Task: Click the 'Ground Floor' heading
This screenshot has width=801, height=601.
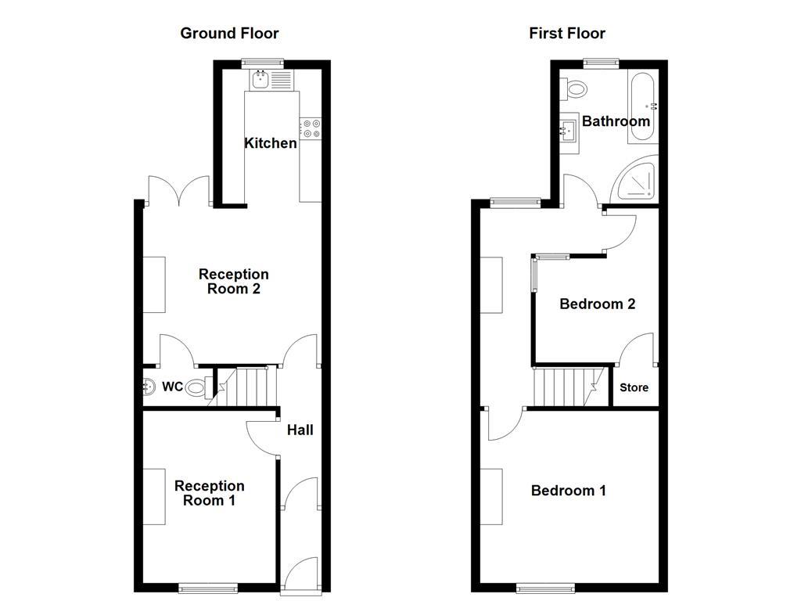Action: point(229,33)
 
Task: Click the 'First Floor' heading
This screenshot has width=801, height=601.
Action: point(567,33)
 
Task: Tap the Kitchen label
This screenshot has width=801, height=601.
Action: point(271,143)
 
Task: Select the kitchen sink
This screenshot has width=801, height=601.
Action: point(260,79)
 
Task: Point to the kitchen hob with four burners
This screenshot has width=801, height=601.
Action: point(311,128)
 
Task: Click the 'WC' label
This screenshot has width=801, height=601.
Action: point(172,387)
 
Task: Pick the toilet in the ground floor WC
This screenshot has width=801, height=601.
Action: point(197,385)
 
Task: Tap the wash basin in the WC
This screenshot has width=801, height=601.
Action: point(149,386)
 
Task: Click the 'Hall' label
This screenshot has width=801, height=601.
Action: point(300,430)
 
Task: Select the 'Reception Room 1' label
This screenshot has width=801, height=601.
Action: point(209,493)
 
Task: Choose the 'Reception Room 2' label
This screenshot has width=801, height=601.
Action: point(233,281)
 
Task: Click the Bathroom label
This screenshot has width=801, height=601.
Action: point(616,121)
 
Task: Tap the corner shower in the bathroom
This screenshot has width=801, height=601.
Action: point(639,182)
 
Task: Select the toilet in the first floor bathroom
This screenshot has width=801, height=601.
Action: point(577,88)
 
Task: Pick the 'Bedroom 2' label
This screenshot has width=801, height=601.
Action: point(597,304)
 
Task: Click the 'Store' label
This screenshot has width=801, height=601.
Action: point(634,387)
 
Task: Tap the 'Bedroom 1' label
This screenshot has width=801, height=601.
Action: point(569,491)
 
